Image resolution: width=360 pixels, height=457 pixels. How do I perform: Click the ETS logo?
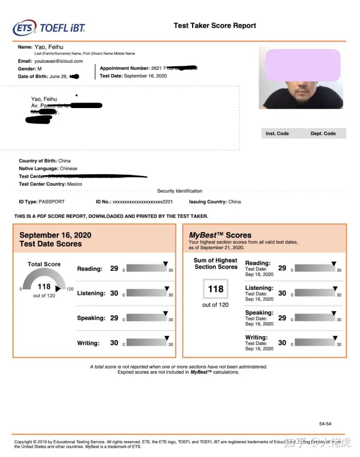[25, 27]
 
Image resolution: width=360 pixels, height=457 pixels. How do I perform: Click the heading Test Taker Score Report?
[214, 26]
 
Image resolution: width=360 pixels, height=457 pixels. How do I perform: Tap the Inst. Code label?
[277, 133]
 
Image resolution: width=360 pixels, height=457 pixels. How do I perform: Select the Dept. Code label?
[323, 133]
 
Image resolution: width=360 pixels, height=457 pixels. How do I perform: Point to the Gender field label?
[26, 69]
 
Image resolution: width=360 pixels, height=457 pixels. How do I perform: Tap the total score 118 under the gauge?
[44, 286]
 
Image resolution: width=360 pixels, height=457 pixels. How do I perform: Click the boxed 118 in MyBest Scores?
[215, 289]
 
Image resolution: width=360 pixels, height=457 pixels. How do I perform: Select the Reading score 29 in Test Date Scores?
[114, 269]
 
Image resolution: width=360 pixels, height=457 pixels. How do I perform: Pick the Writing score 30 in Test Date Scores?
[114, 343]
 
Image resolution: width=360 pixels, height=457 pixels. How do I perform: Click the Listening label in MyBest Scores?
[259, 288]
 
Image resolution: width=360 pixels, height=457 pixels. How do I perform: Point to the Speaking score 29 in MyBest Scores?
[282, 318]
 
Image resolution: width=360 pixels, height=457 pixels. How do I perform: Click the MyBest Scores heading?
[220, 235]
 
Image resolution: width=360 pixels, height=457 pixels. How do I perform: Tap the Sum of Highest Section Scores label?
[215, 264]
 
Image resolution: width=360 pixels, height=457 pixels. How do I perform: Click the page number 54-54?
[325, 424]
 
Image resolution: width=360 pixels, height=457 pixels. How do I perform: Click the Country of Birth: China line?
[45, 161]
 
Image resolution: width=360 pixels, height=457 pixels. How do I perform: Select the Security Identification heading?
[179, 191]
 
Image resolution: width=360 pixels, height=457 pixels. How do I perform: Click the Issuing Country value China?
[235, 201]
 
